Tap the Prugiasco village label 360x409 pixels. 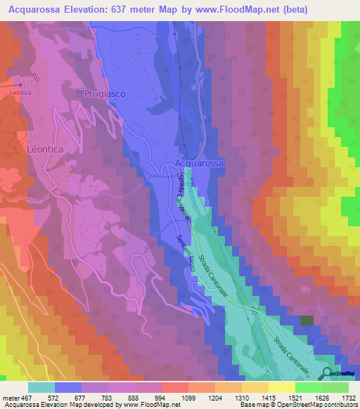click(x=104, y=93)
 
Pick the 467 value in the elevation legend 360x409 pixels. click(x=23, y=398)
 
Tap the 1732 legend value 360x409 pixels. click(x=338, y=398)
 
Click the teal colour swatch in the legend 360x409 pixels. click(x=41, y=387)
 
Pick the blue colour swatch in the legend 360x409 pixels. click(x=68, y=387)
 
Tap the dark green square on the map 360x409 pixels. click(x=307, y=320)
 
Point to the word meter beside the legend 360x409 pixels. click(x=10, y=398)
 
